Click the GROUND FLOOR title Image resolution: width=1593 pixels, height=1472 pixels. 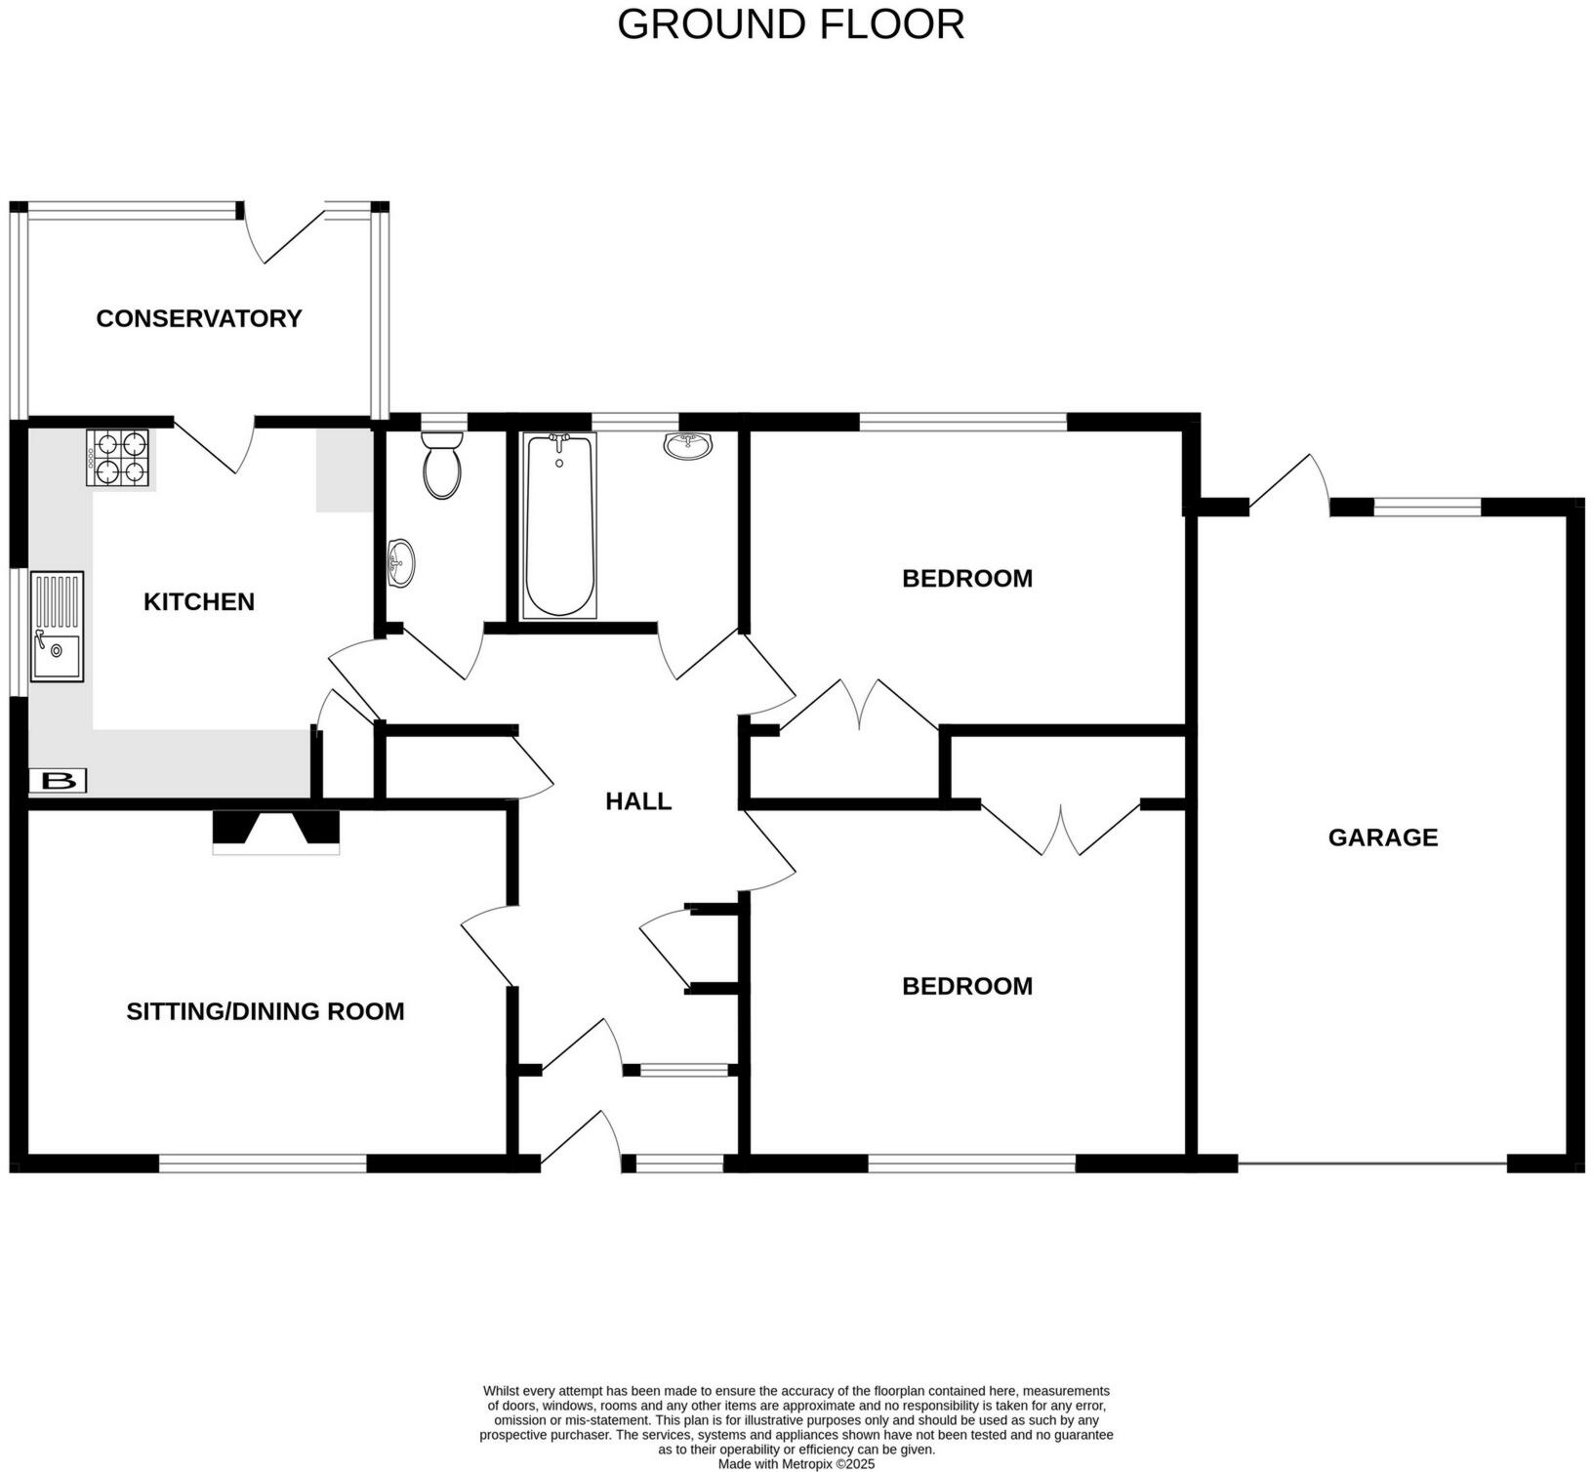[791, 24]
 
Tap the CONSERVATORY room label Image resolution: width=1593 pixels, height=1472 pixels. [199, 318]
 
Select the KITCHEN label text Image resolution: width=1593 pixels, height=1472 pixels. [199, 601]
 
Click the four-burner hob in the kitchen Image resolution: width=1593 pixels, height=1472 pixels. [119, 459]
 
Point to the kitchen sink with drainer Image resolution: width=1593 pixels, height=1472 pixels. [58, 626]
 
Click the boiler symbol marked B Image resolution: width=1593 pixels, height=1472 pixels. [59, 781]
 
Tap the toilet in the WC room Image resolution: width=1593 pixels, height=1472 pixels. [442, 466]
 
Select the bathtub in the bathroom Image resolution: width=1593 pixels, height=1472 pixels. [559, 525]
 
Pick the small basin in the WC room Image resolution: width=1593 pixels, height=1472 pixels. [400, 563]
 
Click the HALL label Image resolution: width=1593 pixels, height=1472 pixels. [638, 801]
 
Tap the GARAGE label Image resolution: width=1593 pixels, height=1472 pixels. [1382, 838]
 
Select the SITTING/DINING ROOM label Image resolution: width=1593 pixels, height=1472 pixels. [265, 1011]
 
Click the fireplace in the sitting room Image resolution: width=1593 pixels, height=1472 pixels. [276, 832]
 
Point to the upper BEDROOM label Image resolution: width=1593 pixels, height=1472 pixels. [966, 579]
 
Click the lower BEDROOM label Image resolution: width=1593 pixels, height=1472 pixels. [966, 986]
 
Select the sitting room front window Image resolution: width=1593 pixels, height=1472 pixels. [263, 1163]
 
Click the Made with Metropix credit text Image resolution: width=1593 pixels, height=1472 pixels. [796, 1464]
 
